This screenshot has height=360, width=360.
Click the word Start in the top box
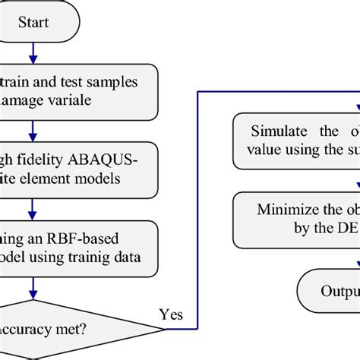(35, 22)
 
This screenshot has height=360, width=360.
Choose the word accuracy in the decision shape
(38, 329)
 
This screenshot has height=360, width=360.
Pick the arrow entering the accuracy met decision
(32, 288)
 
